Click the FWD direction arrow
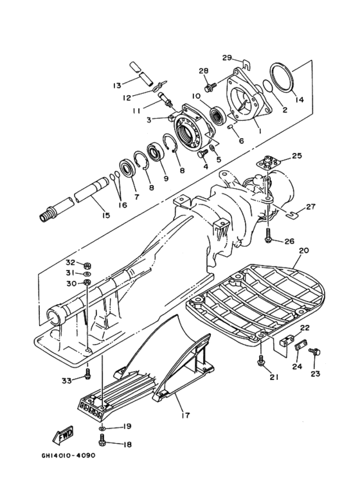[63, 434]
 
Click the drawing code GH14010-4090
[68, 455]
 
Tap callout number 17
[185, 414]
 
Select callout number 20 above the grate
[303, 250]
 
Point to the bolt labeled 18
[102, 441]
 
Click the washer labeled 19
[102, 429]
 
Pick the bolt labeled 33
[88, 374]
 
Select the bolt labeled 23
[316, 352]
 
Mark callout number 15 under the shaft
[106, 215]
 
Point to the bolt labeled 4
[201, 155]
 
